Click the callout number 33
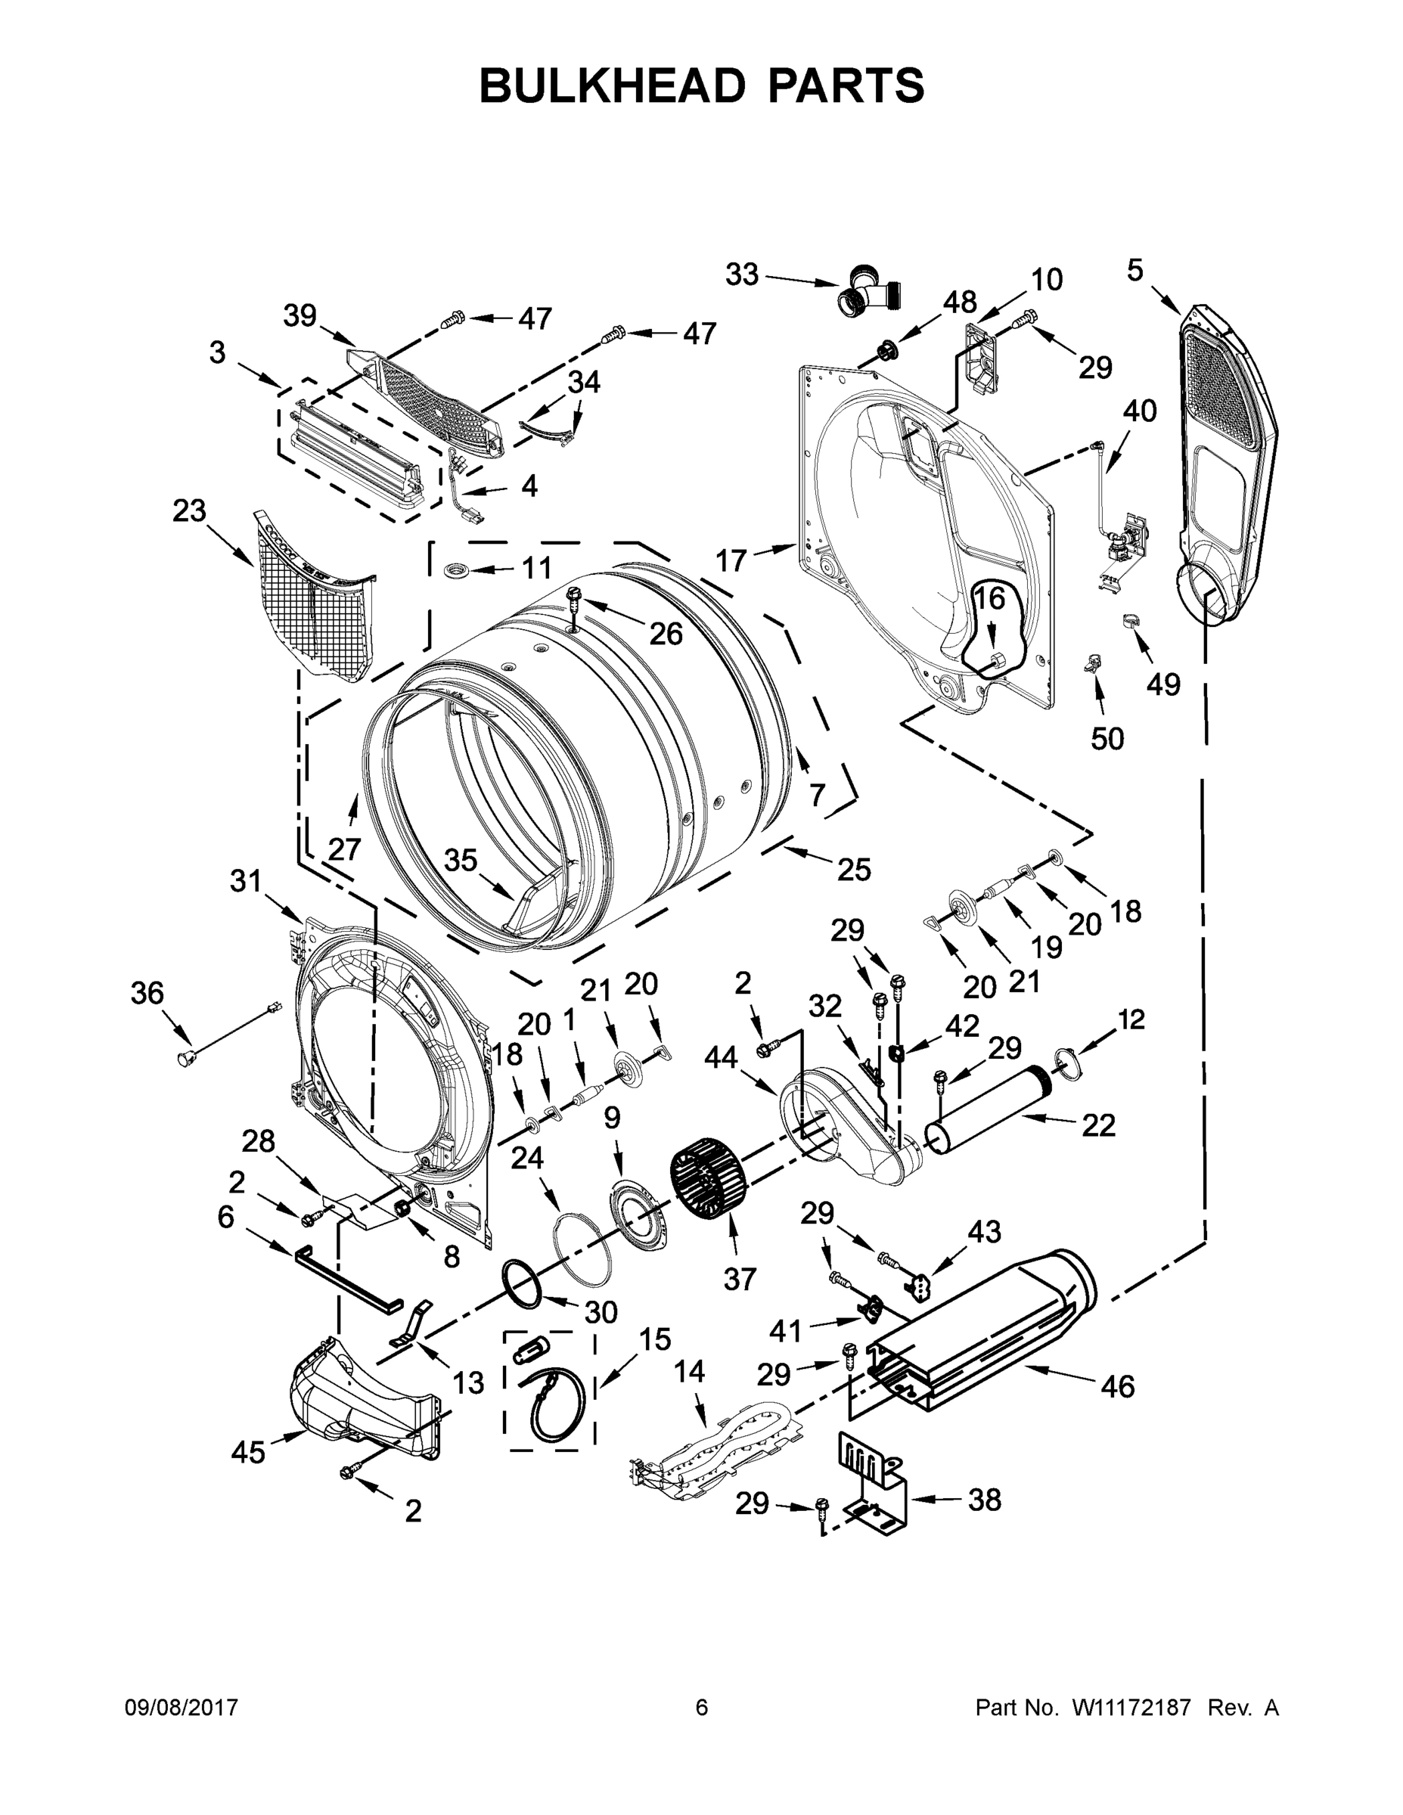741,275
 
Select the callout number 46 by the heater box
1117,1386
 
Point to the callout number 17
731,562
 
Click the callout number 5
1135,270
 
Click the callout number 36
147,992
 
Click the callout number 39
300,316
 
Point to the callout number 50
1107,737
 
